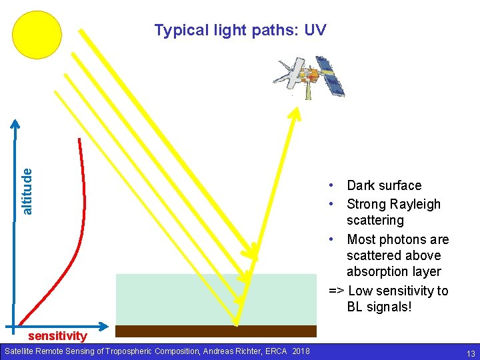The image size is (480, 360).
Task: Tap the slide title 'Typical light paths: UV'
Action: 240,30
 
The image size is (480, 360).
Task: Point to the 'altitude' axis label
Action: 27,191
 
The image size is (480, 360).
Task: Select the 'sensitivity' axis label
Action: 57,336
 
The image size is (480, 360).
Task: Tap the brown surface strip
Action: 216,331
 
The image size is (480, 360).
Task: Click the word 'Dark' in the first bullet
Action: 362,185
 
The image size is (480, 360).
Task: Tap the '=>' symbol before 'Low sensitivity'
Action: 337,291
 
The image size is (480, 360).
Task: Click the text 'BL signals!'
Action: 379,307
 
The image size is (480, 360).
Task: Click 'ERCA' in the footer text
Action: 280,351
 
